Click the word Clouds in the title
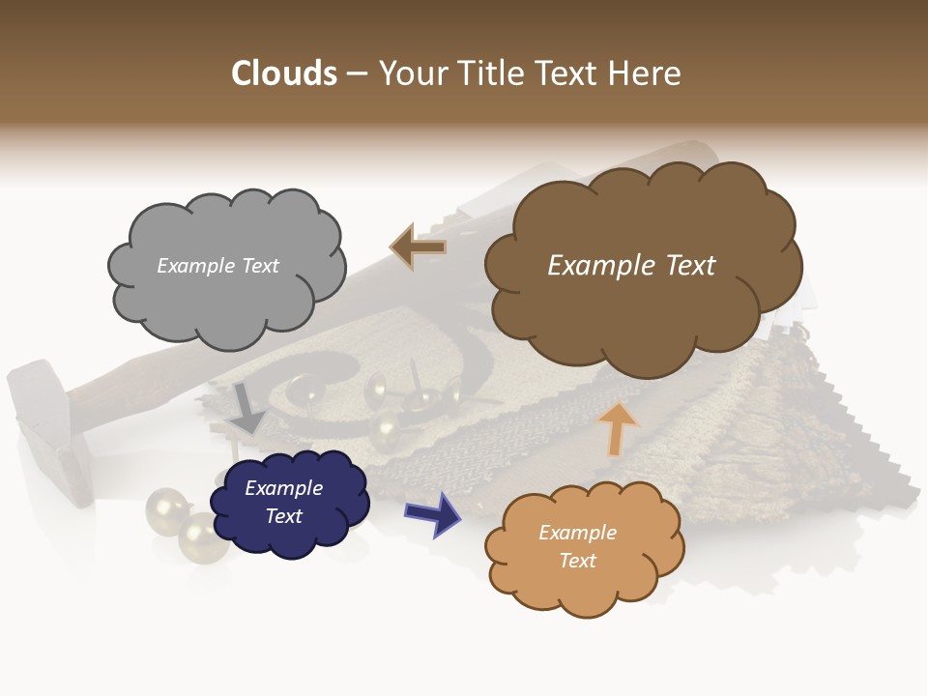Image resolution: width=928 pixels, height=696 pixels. [283, 73]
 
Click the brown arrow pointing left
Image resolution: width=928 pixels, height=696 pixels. [418, 246]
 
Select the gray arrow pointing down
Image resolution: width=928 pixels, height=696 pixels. [246, 409]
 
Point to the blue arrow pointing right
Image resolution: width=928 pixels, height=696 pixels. [433, 513]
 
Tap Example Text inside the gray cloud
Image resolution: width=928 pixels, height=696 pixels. [217, 266]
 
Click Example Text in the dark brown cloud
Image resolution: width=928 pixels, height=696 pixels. [631, 266]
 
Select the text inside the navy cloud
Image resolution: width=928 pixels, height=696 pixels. [284, 503]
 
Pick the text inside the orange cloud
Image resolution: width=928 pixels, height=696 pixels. [577, 546]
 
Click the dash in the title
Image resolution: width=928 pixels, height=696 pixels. [356, 73]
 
